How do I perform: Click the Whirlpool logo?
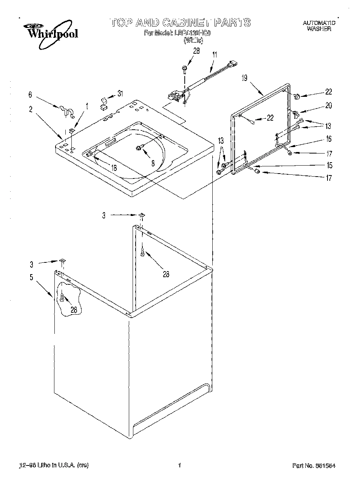[51, 32]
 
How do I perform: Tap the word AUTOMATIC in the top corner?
[319, 23]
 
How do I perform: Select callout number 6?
[30, 95]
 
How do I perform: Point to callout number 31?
[120, 93]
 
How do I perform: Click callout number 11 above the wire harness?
[215, 54]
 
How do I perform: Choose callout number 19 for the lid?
[244, 78]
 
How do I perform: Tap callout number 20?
[329, 105]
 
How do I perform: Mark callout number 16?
[329, 139]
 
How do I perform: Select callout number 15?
[329, 165]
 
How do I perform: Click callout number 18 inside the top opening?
[113, 168]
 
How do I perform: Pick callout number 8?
[152, 163]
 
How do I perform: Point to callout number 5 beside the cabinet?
[31, 278]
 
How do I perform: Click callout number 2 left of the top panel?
[31, 110]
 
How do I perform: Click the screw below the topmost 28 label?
[185, 68]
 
